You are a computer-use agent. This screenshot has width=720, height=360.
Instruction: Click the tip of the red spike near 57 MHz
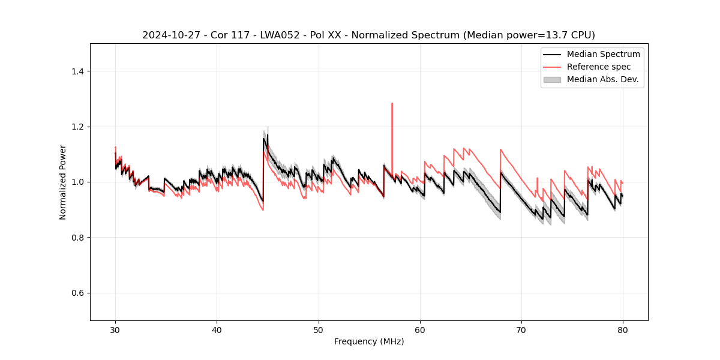[x=392, y=103]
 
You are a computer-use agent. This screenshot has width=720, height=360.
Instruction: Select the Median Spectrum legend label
[x=603, y=54]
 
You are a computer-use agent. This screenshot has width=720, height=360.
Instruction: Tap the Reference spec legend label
[x=599, y=67]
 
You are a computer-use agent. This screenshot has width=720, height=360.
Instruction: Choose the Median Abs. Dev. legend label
[x=602, y=79]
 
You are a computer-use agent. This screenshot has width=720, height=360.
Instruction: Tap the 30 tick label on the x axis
[x=115, y=330]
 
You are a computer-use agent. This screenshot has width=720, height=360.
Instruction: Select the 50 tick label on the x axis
[x=319, y=330]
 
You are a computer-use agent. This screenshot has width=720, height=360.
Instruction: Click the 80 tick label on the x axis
[x=623, y=330]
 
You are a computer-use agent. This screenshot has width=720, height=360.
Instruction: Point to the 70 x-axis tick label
[x=521, y=330]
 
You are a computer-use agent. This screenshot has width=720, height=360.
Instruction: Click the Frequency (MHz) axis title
[x=369, y=341]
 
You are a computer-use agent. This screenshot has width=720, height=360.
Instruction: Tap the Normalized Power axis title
[x=63, y=182]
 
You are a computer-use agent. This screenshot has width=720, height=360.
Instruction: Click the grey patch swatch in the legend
[x=552, y=79]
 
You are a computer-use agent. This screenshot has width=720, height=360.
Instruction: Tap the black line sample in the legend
[x=552, y=54]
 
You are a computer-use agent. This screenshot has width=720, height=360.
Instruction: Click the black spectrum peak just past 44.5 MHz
[x=263, y=139]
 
